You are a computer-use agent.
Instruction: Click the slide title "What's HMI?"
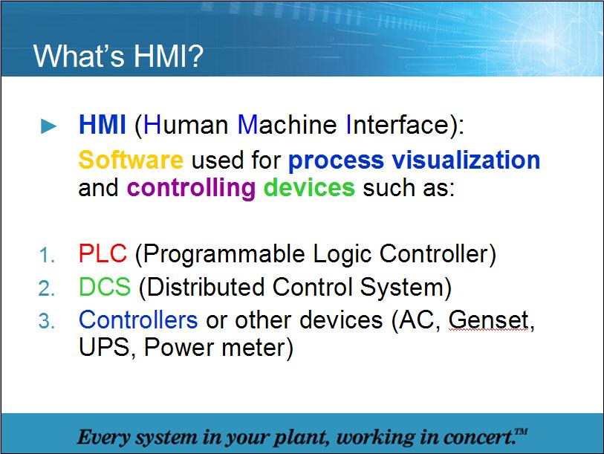[x=118, y=56]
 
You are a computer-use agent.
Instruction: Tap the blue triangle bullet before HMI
[x=49, y=126]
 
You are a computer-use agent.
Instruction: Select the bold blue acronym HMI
[x=102, y=125]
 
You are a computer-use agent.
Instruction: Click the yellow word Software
[x=131, y=160]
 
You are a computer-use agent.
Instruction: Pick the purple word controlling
[x=191, y=187]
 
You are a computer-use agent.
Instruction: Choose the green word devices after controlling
[x=309, y=187]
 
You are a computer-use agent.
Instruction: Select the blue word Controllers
[x=138, y=320]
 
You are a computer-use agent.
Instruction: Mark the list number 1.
[x=47, y=256]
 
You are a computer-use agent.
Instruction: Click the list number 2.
[x=47, y=288]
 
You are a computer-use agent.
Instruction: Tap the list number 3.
[x=47, y=321]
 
